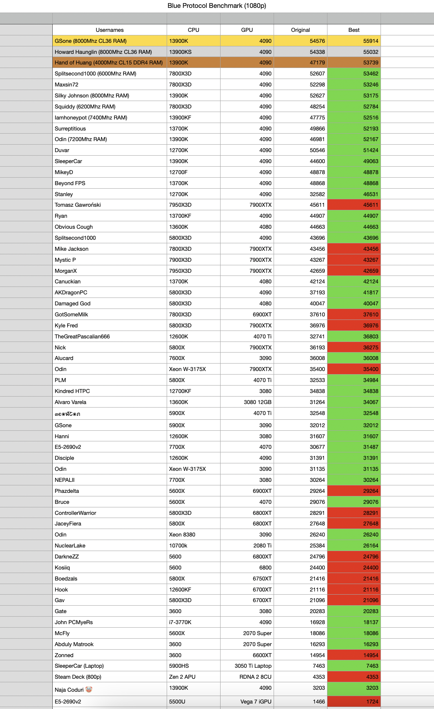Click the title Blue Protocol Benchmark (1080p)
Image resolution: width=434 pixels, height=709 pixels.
217,6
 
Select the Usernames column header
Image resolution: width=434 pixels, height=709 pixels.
109,30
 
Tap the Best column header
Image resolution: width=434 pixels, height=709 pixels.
353,30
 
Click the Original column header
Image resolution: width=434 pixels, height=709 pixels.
300,30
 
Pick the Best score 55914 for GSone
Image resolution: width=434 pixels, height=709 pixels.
370,41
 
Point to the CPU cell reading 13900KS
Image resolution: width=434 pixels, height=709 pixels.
180,52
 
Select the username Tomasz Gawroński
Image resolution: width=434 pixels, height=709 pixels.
78,205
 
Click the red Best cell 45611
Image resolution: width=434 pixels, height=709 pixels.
370,205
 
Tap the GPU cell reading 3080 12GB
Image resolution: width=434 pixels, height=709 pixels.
257,402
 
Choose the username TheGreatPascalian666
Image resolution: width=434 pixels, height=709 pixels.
82,336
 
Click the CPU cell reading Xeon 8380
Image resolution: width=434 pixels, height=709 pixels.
182,535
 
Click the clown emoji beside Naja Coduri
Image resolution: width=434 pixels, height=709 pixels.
89,689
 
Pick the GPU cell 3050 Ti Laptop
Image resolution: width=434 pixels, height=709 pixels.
253,666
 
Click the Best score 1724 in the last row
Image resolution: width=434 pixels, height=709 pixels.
372,702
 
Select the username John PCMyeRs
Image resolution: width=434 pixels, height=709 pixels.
74,622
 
